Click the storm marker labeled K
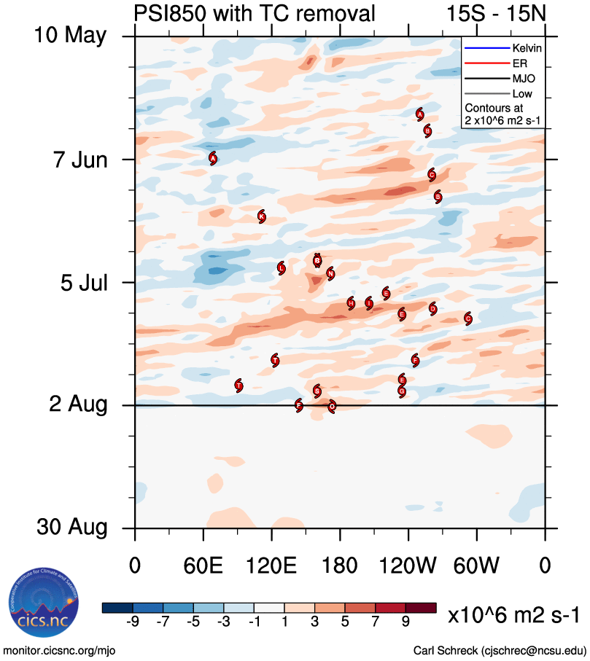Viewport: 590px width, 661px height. (262, 216)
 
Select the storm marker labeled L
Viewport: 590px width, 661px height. (282, 268)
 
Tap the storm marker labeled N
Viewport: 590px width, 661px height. (331, 273)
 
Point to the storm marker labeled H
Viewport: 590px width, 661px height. (352, 303)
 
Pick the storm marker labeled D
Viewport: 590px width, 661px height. (433, 308)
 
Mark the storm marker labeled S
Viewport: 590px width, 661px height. (317, 391)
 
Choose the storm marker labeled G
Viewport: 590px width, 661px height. (402, 391)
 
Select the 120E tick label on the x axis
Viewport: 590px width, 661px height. (271, 566)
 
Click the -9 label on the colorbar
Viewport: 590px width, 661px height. (133, 622)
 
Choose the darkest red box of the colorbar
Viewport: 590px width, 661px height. (422, 608)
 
